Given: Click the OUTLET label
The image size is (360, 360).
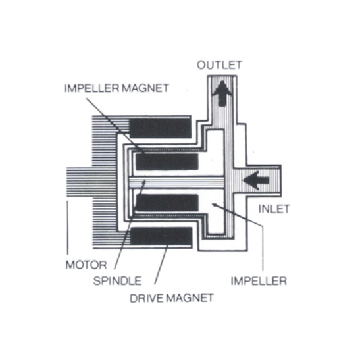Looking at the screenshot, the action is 220,65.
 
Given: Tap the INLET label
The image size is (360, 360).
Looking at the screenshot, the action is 274,209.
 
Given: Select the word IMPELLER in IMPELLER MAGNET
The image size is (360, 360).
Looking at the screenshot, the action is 92,88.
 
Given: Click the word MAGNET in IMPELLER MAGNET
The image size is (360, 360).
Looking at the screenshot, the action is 145,88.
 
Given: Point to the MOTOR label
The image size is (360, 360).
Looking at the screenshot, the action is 86,265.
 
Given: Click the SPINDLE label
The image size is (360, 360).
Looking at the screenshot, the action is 117,281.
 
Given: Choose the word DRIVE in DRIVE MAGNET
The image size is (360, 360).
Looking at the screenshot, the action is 147,298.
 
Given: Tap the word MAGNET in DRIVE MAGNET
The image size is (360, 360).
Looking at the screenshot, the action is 190,298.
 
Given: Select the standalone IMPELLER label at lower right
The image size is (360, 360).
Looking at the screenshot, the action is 259,281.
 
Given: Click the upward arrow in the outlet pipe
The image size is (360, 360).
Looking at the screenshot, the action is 222,93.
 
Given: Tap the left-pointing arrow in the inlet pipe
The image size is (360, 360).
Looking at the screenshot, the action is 256,180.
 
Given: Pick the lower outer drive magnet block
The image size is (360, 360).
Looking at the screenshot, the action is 161,236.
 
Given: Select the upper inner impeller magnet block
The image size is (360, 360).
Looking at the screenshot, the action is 167,162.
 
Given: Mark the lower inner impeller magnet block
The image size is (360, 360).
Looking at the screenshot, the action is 167,203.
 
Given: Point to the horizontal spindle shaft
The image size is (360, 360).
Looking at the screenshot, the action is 177,182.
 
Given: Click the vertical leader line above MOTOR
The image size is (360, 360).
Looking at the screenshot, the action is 68,228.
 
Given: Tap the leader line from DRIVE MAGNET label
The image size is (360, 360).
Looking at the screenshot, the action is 161,265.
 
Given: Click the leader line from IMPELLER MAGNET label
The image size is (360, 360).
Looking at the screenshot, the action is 115,126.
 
